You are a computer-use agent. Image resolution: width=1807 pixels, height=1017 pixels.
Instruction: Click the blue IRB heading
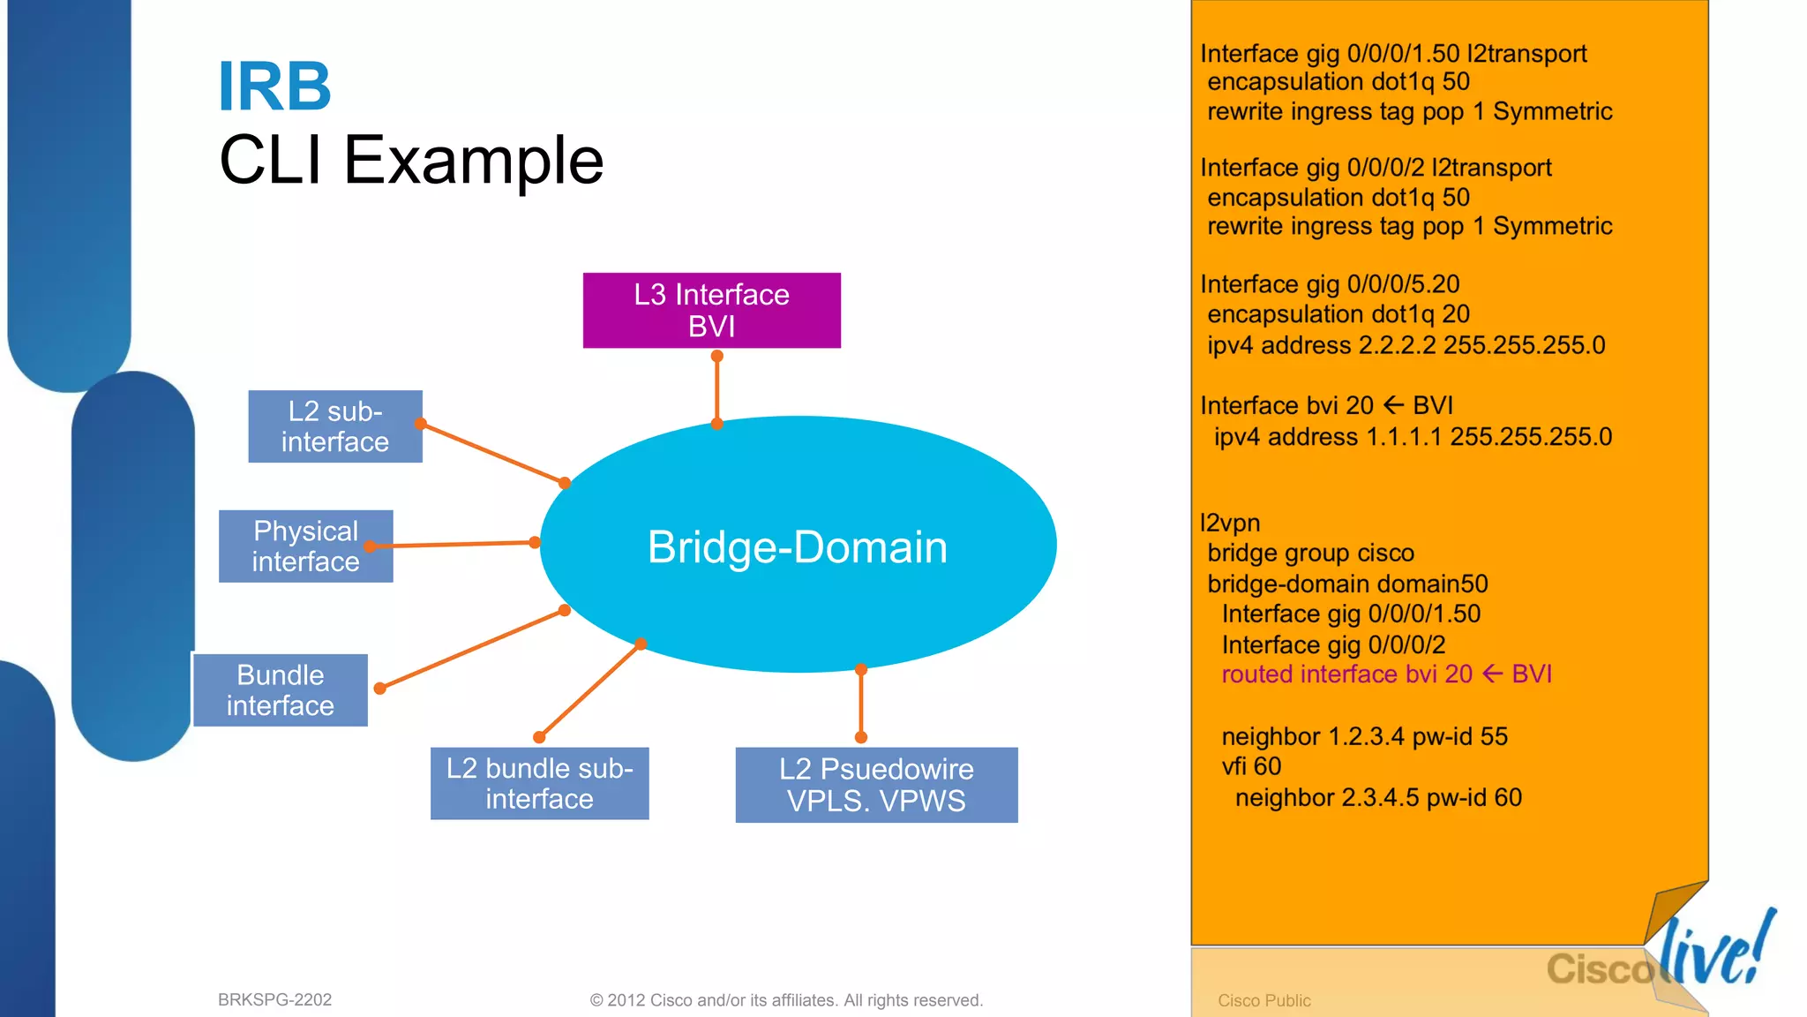coord(274,87)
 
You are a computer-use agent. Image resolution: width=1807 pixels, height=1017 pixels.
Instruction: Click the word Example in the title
coord(473,161)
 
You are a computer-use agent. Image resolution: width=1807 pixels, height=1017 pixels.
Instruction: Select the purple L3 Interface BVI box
coord(711,310)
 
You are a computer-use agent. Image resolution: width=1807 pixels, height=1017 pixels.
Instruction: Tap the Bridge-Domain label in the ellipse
coord(797,546)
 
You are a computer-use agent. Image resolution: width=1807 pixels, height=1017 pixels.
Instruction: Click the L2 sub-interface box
coord(334,426)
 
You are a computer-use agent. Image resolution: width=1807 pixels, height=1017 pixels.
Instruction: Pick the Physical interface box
coord(305,546)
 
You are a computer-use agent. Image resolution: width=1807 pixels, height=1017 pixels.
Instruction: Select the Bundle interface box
coord(280,690)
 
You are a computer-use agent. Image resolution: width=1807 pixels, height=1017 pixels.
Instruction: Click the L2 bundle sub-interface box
coord(539,783)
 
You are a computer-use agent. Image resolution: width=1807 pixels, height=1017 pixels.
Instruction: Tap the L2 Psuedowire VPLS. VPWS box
coord(876,785)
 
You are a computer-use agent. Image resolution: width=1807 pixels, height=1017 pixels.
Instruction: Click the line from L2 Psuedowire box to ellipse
coord(861,704)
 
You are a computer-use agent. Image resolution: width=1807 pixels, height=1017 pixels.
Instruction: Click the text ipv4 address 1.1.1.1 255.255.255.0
coord(1412,437)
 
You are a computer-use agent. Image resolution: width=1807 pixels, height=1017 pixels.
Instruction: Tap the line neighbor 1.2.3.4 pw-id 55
coord(1364,736)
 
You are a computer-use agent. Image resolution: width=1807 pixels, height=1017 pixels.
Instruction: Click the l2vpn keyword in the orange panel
coord(1230,523)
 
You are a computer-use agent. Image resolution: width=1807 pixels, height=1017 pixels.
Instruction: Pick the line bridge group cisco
coord(1310,554)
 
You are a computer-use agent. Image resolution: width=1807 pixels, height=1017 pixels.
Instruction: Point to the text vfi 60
coord(1251,766)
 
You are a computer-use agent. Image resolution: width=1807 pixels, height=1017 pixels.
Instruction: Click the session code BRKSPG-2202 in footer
coord(274,999)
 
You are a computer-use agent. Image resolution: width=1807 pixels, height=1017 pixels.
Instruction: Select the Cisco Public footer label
coord(1263,1000)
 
